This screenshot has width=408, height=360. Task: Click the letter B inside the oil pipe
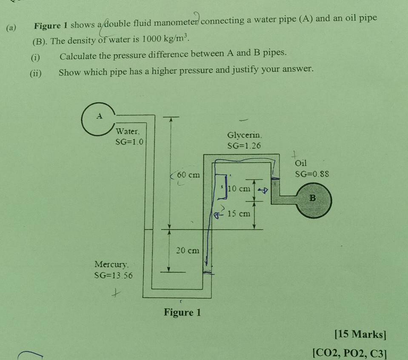pos(313,198)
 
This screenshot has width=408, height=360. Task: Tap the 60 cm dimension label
pos(188,175)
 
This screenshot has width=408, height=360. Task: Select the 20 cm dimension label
pos(188,251)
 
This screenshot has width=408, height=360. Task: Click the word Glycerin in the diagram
pos(245,135)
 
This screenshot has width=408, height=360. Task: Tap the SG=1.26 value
pos(244,146)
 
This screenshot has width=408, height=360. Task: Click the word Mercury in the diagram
pos(112,264)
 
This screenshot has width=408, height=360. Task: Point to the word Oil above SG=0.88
pos(301,163)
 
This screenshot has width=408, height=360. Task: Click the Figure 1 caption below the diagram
pos(182,313)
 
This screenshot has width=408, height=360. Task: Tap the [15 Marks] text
pos(360,334)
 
